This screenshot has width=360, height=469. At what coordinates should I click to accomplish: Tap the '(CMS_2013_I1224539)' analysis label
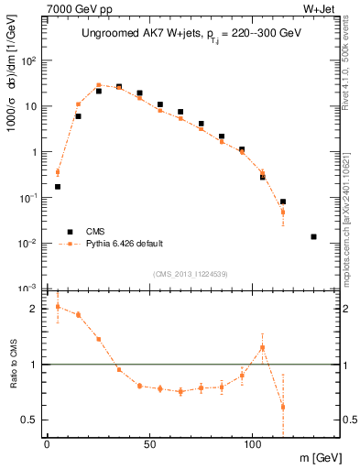pos(191,273)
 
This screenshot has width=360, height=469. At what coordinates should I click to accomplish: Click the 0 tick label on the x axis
pos(47,444)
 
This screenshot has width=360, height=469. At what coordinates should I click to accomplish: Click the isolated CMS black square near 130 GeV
pos(313,236)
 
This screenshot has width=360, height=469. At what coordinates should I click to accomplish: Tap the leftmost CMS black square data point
pos(58,186)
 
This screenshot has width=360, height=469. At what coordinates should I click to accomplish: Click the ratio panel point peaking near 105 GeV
pos(262,347)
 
